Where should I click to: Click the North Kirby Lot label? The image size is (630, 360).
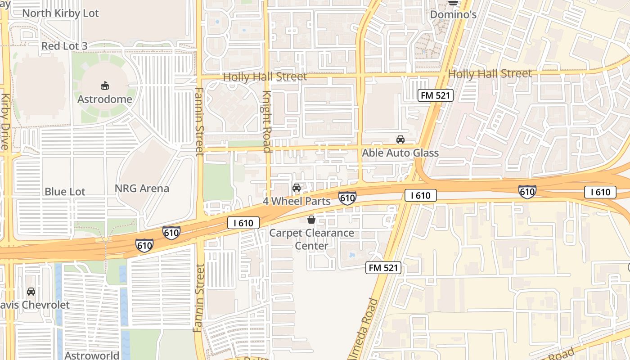point(60,13)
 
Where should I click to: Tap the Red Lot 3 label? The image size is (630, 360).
point(64,46)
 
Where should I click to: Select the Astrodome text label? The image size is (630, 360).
point(105,99)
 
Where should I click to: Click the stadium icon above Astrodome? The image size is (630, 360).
point(105,85)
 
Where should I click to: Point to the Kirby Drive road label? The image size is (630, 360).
point(5,121)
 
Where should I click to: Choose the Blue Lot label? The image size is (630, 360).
point(65,192)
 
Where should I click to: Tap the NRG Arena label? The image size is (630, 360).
point(142,189)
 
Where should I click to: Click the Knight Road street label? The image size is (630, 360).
point(267,121)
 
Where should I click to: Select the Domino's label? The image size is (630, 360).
point(453,14)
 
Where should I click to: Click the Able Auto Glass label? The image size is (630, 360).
point(400,153)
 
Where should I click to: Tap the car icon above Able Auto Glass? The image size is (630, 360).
point(400,139)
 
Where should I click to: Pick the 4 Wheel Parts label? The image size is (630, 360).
point(297,201)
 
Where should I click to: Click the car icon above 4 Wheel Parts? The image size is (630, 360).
point(297,188)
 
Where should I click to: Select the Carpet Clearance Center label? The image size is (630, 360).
point(311,239)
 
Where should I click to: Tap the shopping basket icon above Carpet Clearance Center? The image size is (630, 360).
point(311,220)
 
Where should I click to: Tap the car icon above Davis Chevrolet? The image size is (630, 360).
point(31,292)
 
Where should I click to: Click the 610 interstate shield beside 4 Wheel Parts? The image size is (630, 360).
point(347,198)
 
